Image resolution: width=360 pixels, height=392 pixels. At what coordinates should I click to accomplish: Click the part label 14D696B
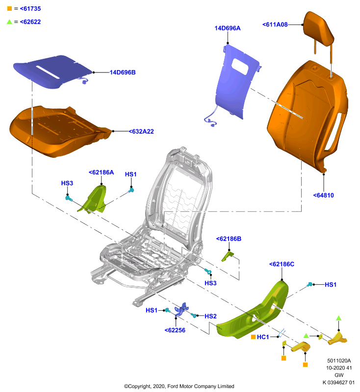tap(123, 73)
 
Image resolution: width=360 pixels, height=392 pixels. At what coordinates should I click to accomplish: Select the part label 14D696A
tap(228, 28)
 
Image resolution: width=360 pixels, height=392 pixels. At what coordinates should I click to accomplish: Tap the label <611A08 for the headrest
tap(275, 24)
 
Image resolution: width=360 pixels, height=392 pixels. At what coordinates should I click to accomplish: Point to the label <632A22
tap(141, 131)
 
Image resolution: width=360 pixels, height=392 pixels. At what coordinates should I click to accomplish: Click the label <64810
tap(324, 195)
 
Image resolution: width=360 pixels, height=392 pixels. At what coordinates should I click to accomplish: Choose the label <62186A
tap(102, 172)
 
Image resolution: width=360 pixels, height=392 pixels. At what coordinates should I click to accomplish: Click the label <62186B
tap(229, 239)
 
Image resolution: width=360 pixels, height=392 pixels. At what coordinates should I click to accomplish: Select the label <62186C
tap(282, 264)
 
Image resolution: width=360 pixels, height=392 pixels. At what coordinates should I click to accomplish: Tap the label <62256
tap(175, 330)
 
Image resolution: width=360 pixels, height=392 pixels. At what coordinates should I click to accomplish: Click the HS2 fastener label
tap(210, 316)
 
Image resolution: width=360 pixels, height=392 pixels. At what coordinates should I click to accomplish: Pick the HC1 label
tap(263, 337)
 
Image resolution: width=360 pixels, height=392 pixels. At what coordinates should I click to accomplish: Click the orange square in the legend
tap(9, 8)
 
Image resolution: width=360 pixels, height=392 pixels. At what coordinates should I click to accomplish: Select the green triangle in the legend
tap(9, 22)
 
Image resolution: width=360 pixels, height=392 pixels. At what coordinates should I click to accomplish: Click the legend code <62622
tap(30, 22)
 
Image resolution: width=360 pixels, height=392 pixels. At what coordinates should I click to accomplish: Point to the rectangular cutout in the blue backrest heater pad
tap(240, 66)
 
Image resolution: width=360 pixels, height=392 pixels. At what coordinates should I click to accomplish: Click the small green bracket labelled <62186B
tap(228, 256)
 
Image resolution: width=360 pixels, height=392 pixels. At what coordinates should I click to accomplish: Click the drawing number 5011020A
tap(339, 361)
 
